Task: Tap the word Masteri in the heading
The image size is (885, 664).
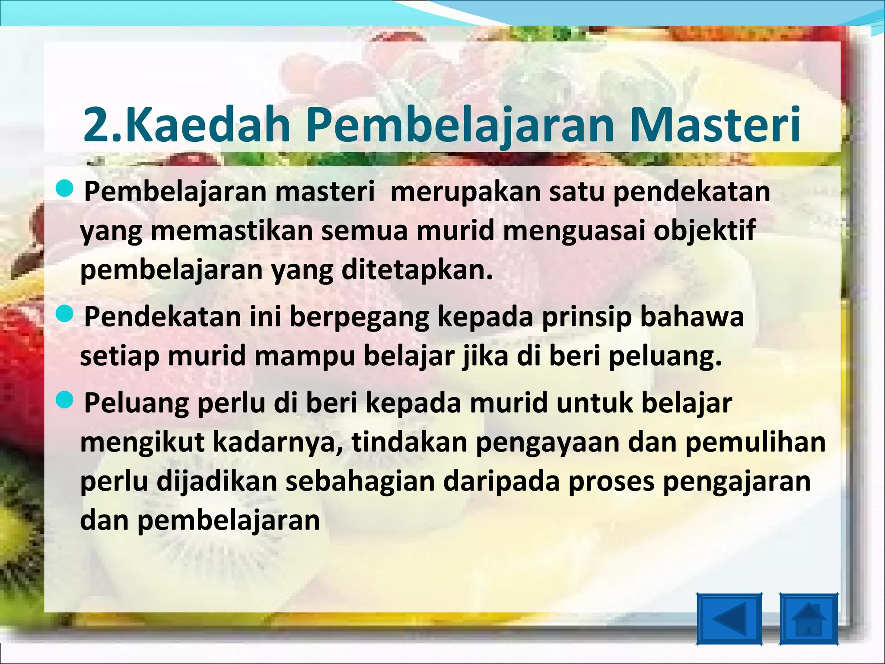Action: coord(715,125)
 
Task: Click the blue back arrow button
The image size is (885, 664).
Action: coord(729,619)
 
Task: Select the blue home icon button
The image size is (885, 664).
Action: coord(809,619)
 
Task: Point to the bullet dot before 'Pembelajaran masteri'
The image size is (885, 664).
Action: coord(65,190)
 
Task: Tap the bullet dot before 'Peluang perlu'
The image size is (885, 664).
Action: coord(65,400)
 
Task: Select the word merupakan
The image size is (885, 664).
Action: coord(465,192)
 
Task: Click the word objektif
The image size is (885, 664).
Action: coord(704,231)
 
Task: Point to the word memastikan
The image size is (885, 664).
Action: coord(232,231)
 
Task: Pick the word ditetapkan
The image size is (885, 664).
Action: coord(417,270)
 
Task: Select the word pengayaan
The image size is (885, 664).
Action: coord(547,442)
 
